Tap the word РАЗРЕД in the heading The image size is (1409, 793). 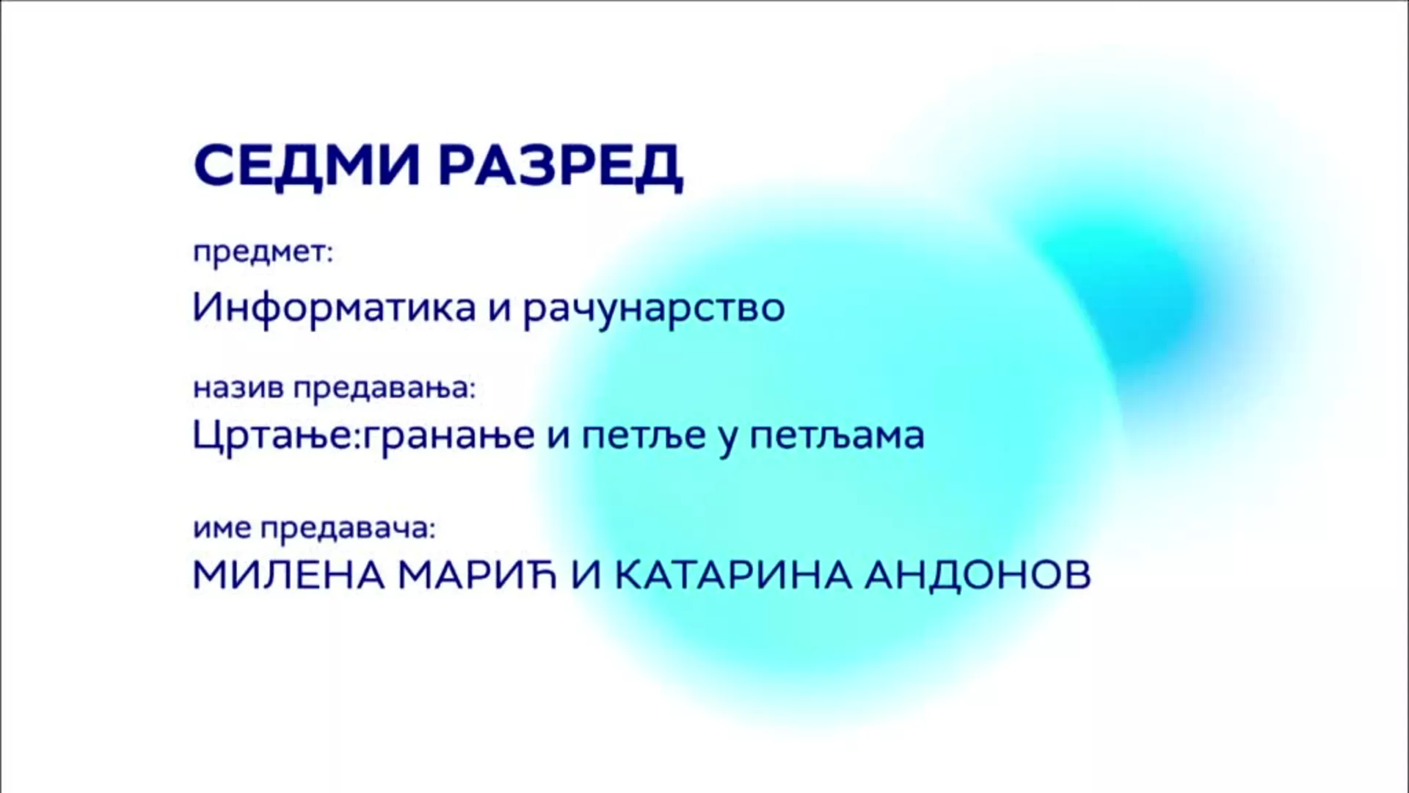point(561,167)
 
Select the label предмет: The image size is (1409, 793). point(263,253)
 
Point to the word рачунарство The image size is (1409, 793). point(654,308)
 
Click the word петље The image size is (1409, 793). point(644,436)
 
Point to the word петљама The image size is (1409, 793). point(837,436)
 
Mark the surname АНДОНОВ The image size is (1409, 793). point(977,575)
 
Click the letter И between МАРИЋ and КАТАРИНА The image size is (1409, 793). point(586,575)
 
